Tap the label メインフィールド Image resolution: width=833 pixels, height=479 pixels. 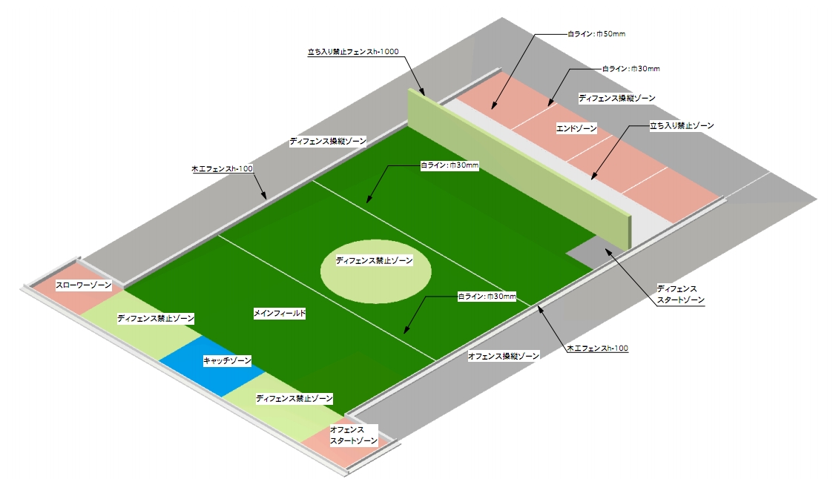(x=280, y=314)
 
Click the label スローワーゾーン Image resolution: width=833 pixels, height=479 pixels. (x=84, y=285)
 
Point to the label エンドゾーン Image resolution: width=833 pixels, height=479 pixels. (x=576, y=129)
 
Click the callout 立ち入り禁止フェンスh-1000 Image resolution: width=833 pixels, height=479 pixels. (x=354, y=52)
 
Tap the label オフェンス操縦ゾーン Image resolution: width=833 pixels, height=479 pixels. (x=504, y=356)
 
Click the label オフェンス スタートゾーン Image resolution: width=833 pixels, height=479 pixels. (x=353, y=435)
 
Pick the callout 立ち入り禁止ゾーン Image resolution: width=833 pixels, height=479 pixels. (x=682, y=126)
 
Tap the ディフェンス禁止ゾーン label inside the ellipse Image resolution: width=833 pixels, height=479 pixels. (x=374, y=261)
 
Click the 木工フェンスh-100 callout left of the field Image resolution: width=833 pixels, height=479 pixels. (x=223, y=169)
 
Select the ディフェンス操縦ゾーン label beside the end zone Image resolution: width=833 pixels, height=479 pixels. (x=617, y=97)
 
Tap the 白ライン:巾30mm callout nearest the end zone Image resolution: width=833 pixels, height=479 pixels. (x=630, y=68)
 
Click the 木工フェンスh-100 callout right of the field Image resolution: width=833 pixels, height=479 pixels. (x=597, y=348)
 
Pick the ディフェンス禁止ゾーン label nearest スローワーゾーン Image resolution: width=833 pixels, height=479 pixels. (x=156, y=318)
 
